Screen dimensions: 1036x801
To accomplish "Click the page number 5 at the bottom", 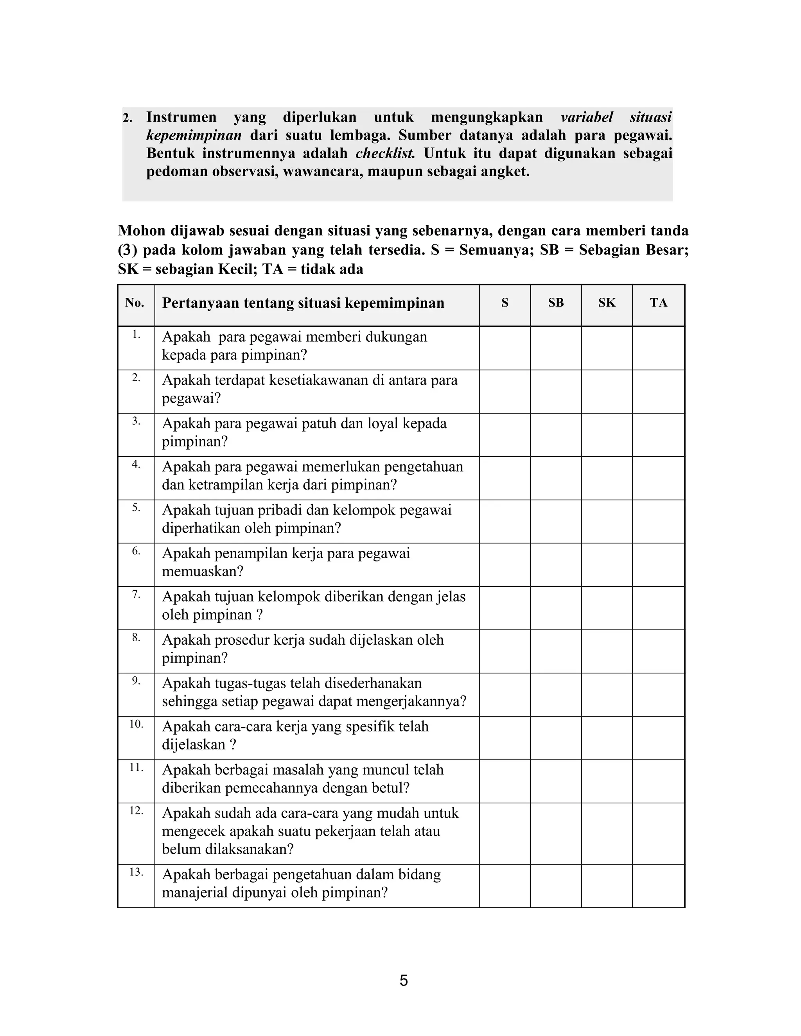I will (x=403, y=980).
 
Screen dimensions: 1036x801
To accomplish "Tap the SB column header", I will (x=556, y=303).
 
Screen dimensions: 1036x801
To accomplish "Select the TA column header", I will (x=658, y=303).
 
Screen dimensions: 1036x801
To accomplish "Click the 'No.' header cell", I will (x=135, y=303).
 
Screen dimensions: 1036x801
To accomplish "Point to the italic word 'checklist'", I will (x=385, y=154).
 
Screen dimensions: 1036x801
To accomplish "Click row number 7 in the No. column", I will (x=136, y=594).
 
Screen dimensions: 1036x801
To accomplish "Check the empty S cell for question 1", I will (x=505, y=348).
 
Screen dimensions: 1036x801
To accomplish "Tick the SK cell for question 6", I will (x=607, y=565).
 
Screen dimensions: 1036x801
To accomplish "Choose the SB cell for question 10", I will (x=556, y=738).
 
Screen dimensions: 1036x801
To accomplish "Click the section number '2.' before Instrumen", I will (x=127, y=118).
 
